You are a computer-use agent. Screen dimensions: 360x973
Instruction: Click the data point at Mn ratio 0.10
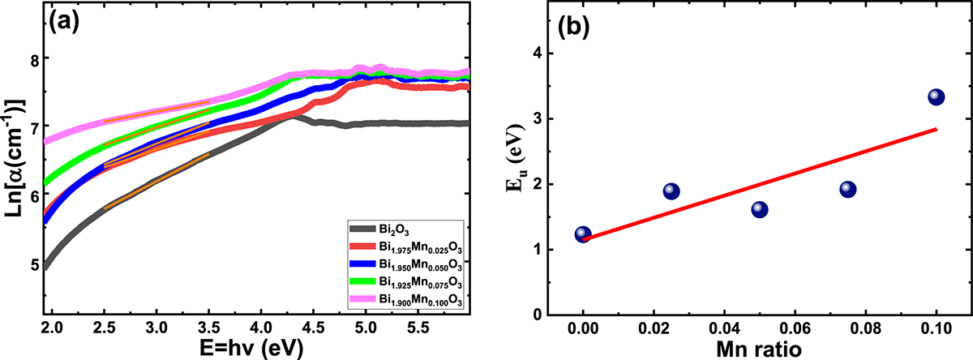936,97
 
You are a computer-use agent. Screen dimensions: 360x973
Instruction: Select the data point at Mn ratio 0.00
582,234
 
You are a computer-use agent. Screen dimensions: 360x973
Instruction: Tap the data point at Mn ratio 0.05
759,210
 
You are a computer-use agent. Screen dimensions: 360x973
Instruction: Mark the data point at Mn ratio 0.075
847,190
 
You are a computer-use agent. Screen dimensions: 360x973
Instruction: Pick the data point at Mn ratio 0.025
671,191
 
